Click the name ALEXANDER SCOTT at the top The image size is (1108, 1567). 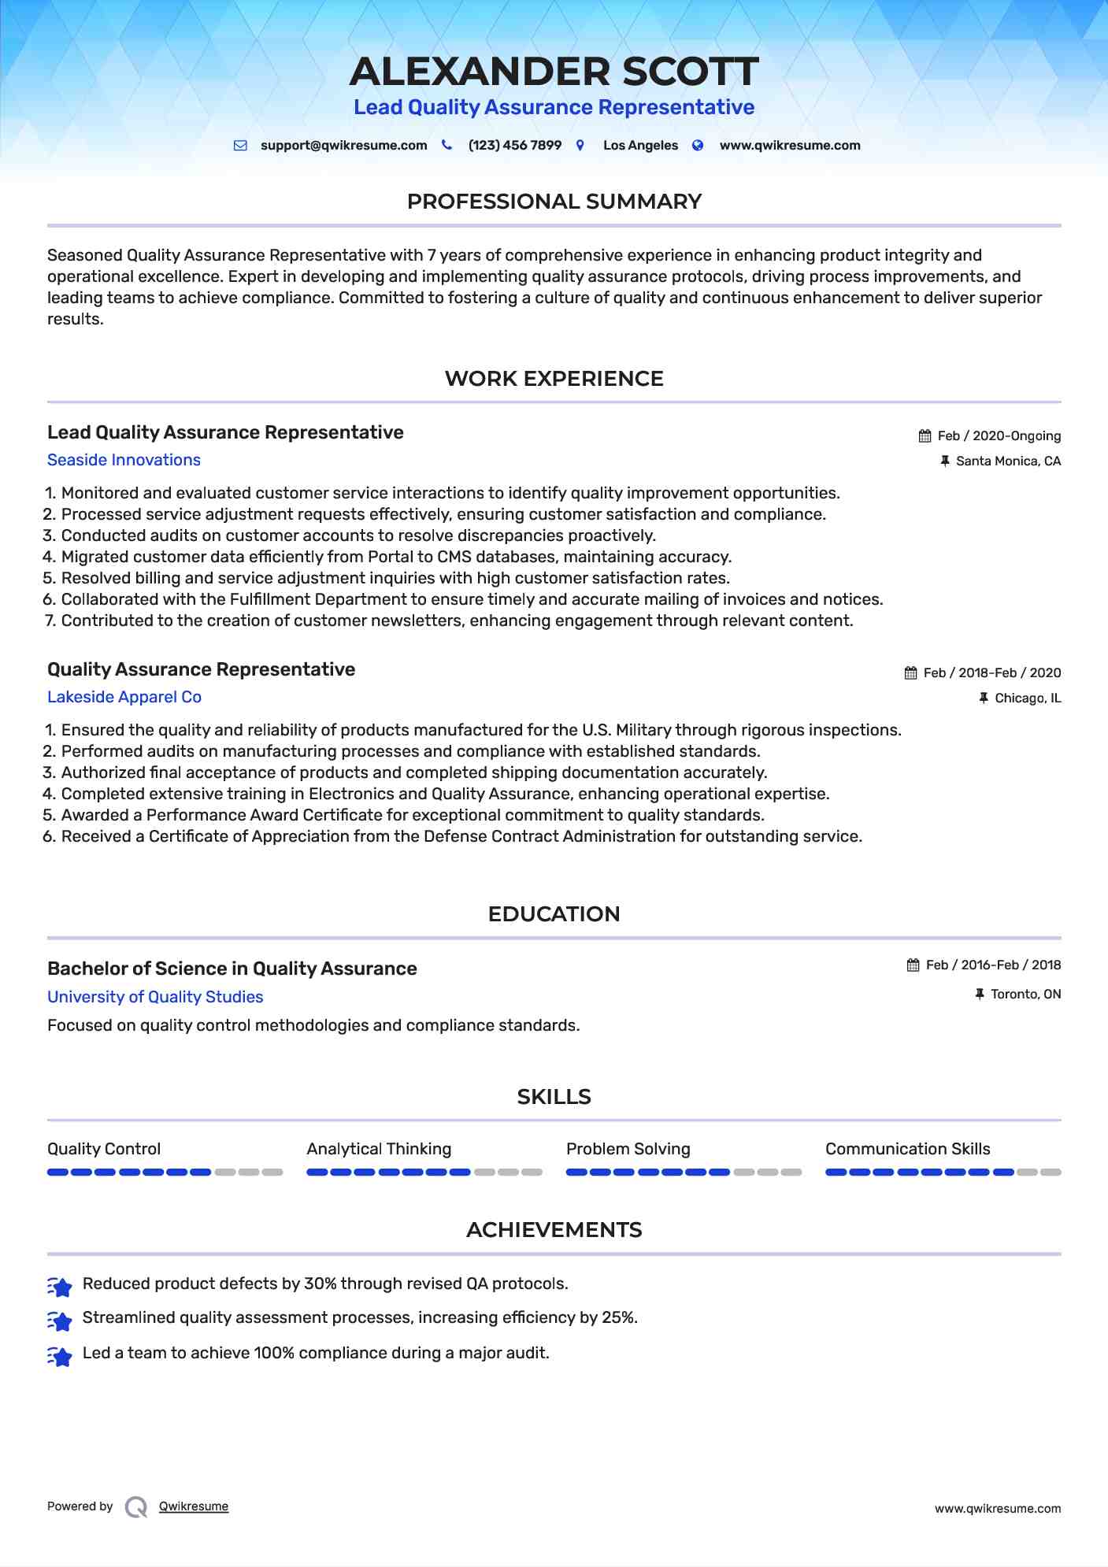(x=554, y=72)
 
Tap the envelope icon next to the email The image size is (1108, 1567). (x=240, y=146)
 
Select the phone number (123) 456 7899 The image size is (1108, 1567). (x=514, y=146)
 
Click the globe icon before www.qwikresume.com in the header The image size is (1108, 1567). (x=698, y=146)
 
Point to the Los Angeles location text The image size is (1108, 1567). (x=640, y=146)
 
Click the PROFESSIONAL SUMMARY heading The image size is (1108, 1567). (x=554, y=202)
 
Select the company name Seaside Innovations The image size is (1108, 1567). (x=124, y=460)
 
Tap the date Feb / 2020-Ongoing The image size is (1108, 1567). (x=999, y=436)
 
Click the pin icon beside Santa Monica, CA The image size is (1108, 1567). (x=945, y=461)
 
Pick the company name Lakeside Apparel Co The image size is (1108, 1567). (x=124, y=697)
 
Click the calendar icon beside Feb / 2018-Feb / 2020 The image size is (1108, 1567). (x=911, y=673)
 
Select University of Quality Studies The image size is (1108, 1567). (x=155, y=997)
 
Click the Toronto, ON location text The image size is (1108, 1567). (x=1025, y=995)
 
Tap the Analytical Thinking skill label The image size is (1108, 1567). (x=379, y=1149)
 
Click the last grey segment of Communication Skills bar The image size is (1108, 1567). (x=1051, y=1172)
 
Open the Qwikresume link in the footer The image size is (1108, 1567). (x=194, y=1506)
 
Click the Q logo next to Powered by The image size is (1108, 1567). (x=136, y=1507)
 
